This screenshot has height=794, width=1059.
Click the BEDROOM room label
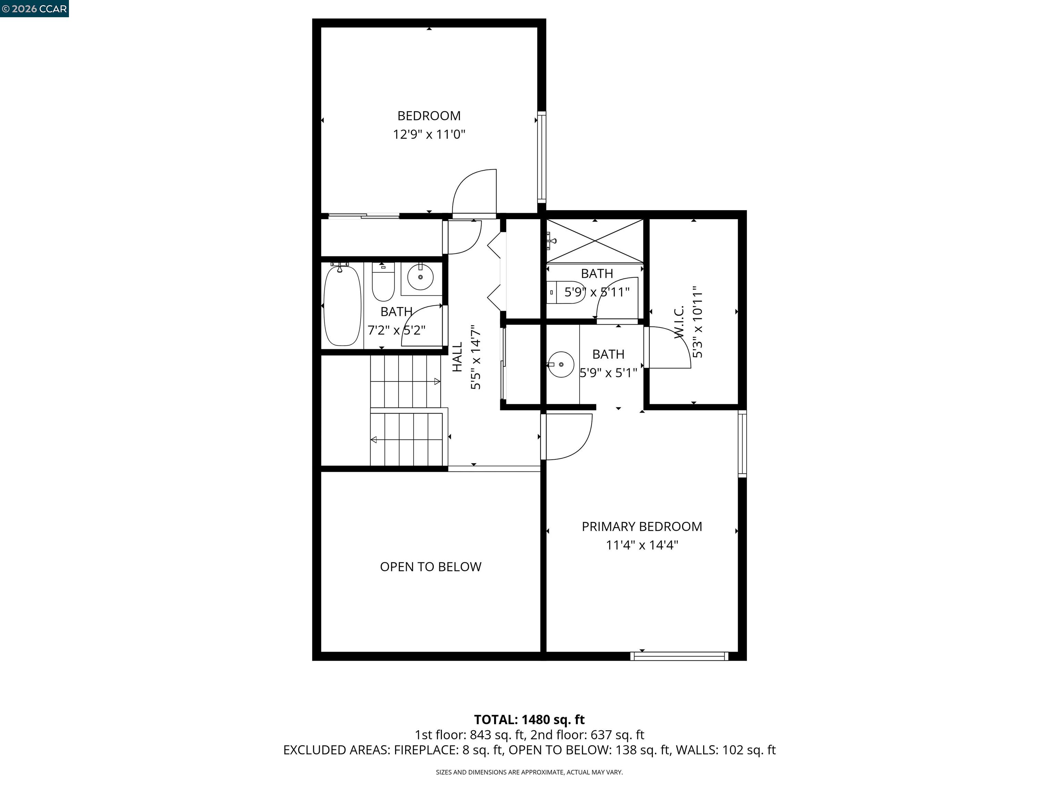(x=429, y=116)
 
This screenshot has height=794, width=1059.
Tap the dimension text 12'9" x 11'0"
(x=429, y=134)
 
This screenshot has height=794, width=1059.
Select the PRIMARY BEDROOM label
(x=642, y=527)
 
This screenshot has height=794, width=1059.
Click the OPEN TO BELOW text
(x=431, y=567)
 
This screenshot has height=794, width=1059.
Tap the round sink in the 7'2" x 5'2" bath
(x=420, y=277)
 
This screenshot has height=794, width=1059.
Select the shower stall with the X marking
(x=595, y=241)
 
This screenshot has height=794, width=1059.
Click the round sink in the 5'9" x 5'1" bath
(x=561, y=365)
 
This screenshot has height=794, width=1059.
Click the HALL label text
(x=457, y=357)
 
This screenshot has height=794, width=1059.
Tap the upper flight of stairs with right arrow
(x=405, y=381)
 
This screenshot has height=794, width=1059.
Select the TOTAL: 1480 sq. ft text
(x=529, y=719)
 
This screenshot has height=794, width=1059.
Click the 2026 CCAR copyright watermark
(x=34, y=9)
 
